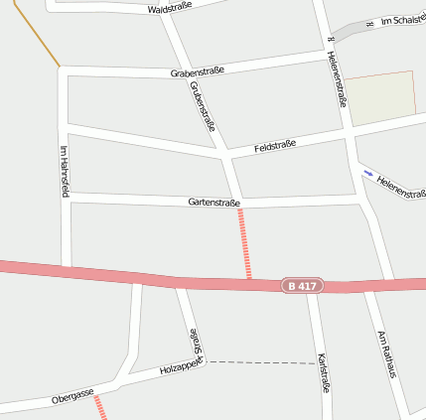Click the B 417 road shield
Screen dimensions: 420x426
[301, 286]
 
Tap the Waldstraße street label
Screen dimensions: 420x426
[170, 8]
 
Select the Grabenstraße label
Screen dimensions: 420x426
[198, 71]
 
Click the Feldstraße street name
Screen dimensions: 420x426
[275, 146]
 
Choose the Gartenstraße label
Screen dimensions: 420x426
[213, 202]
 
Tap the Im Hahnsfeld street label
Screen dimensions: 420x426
[65, 171]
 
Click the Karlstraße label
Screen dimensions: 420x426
[322, 373]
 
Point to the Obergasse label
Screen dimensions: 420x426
[71, 398]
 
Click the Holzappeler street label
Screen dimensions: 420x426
[181, 368]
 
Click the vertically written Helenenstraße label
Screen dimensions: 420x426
[337, 78]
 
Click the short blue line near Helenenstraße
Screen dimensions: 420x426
[368, 173]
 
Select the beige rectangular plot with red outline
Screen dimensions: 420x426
[380, 97]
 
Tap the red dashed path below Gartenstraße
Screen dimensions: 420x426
[244, 242]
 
